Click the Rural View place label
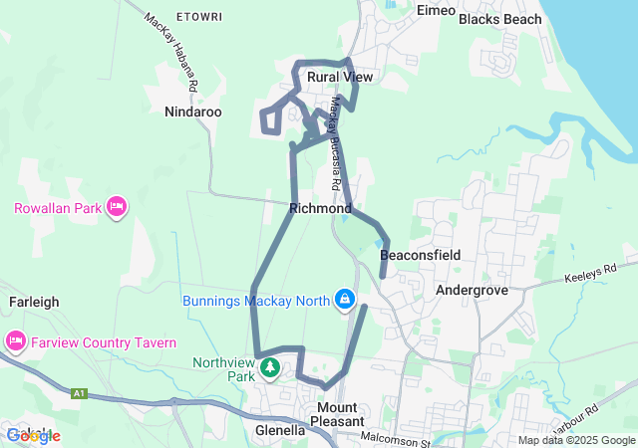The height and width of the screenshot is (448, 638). tap(340, 77)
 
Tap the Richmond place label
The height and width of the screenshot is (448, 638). tap(319, 209)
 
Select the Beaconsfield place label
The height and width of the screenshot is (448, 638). tap(420, 256)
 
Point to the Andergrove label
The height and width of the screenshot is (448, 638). tap(473, 291)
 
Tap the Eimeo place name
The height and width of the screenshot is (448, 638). tap(436, 11)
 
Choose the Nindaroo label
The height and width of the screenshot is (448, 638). tap(193, 112)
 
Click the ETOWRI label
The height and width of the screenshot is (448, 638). tap(197, 18)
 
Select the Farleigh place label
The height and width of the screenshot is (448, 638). tap(35, 301)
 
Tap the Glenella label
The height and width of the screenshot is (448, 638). tap(280, 431)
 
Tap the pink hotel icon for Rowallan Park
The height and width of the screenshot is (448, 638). tap(116, 207)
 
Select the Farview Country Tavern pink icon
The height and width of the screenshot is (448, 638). tap(16, 341)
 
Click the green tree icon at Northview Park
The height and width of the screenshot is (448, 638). tap(269, 369)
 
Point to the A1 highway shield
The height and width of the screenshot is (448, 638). tap(80, 394)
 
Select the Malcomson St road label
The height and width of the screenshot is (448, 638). tap(398, 435)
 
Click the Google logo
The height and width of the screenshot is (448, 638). tap(33, 435)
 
